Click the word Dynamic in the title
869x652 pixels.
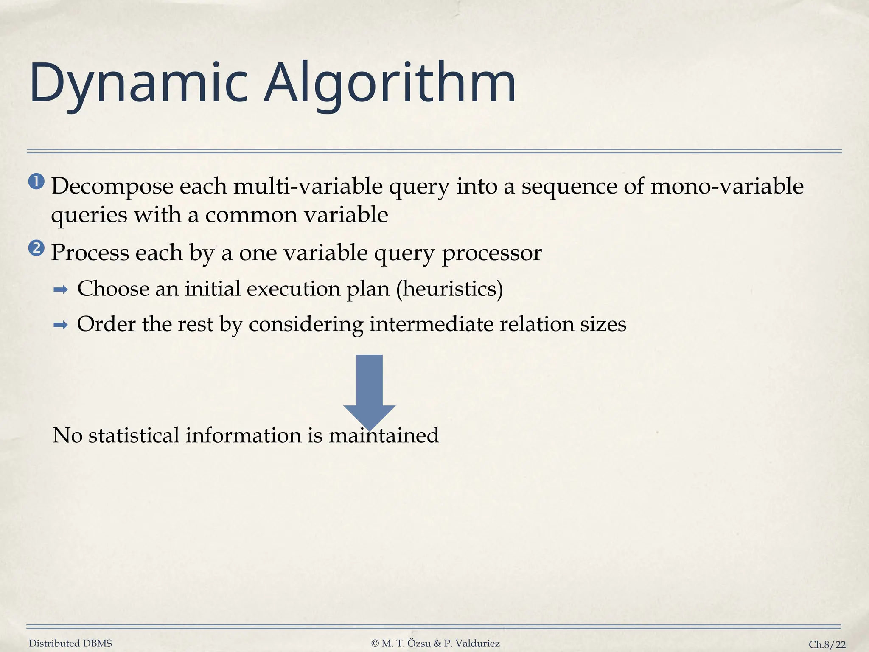(x=138, y=84)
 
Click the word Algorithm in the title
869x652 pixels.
(x=390, y=84)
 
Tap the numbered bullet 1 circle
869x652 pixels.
(x=36, y=182)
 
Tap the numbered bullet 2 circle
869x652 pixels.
(x=36, y=248)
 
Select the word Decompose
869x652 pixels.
(x=112, y=187)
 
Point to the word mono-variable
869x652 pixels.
(x=727, y=187)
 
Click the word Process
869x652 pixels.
(x=90, y=253)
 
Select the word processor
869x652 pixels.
(x=492, y=253)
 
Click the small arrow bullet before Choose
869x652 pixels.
(x=61, y=290)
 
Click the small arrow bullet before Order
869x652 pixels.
(x=61, y=326)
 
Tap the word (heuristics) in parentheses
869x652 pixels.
(x=450, y=289)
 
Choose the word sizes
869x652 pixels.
(x=605, y=324)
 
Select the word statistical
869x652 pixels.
(x=134, y=436)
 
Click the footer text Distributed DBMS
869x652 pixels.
(x=70, y=644)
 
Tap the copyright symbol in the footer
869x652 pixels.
(x=375, y=644)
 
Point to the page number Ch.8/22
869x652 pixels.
(x=827, y=644)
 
